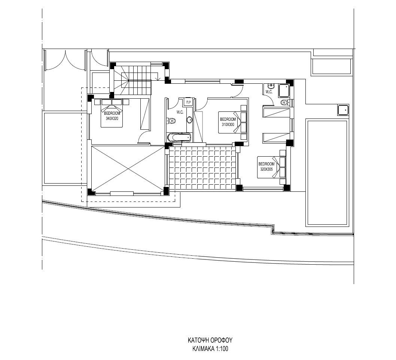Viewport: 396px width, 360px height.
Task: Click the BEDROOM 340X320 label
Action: coord(112,116)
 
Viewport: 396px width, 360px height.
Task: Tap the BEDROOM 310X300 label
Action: coord(228,122)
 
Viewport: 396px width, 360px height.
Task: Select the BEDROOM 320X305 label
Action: coord(266,166)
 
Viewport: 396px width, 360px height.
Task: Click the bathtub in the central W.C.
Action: coord(179,138)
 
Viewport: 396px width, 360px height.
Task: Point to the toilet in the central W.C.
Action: coord(171,121)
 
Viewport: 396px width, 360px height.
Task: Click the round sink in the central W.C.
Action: coord(189,120)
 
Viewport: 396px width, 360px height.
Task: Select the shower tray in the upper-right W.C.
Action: coord(284,91)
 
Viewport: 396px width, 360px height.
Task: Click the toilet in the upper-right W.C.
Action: coord(284,102)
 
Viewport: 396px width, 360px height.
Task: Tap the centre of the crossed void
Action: coord(128,169)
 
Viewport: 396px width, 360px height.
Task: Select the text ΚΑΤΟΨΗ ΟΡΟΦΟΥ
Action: coord(210,340)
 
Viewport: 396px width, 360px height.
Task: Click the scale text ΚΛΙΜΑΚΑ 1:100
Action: coord(210,349)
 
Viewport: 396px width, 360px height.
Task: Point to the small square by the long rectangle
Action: coord(343,110)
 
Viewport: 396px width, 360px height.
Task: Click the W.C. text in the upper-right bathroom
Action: coord(269,92)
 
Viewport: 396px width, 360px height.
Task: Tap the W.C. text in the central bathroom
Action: coord(180,112)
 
